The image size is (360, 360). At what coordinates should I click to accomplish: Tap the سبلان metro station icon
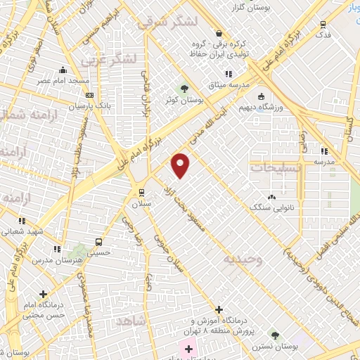pos(141,192)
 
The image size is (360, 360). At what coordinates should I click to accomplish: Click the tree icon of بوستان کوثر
pos(184,89)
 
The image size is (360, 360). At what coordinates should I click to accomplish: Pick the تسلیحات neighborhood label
pos(276,168)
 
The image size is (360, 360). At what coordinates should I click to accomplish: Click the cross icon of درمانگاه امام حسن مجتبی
pos(44,294)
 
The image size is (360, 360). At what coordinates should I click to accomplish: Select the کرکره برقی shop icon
pos(219,33)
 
